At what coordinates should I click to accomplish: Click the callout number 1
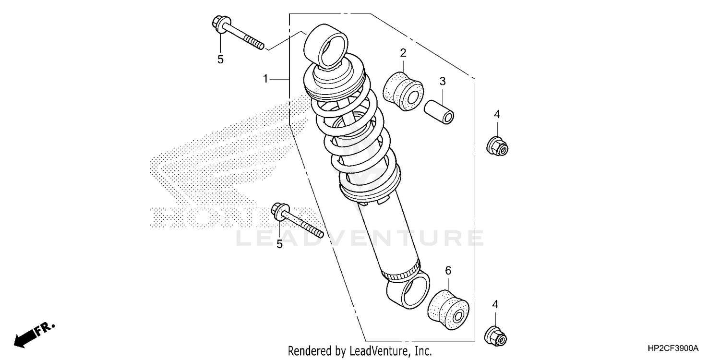tap(265, 78)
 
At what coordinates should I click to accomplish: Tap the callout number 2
tap(403, 52)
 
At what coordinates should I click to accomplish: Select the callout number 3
tap(443, 81)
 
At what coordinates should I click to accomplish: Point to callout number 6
tap(448, 271)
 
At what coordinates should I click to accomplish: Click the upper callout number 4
tap(497, 114)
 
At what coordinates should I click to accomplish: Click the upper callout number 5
tap(220, 60)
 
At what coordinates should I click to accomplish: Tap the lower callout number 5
tap(279, 245)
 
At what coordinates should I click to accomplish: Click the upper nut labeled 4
tap(497, 146)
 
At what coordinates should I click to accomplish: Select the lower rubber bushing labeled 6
tap(448, 310)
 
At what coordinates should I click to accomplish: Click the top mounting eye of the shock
tap(328, 46)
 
